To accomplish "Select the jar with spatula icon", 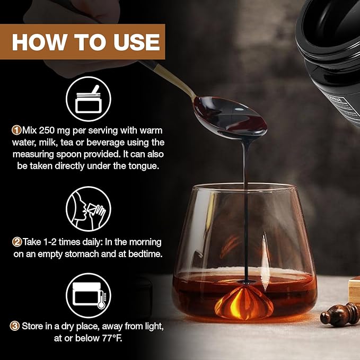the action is (x=89, y=99).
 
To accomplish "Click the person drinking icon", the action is (x=89, y=209).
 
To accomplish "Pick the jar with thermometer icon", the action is (x=89, y=295).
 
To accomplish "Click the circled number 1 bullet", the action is (x=16, y=130).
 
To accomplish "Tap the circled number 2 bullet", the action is (x=17, y=242).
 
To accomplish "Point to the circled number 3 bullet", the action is (x=15, y=326).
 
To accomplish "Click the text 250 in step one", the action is (x=47, y=130).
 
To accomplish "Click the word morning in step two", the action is (x=145, y=242).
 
